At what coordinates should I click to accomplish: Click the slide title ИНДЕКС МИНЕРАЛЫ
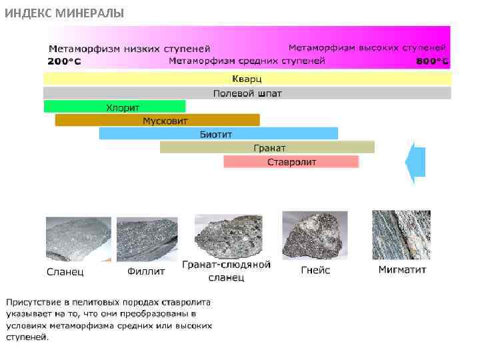click(64, 13)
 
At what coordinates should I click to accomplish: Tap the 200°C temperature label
click(64, 61)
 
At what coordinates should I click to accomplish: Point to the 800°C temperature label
click(432, 61)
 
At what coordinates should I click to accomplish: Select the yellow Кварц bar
click(247, 79)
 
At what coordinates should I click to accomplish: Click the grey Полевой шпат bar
click(247, 93)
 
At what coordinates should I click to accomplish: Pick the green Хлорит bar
click(115, 107)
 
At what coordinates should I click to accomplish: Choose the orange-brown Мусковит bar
click(157, 121)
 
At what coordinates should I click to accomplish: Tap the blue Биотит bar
click(218, 134)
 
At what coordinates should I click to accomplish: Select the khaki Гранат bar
click(267, 147)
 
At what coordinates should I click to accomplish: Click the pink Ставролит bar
click(291, 162)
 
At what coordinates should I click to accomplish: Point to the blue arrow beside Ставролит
click(416, 162)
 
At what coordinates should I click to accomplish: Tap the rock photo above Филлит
click(147, 239)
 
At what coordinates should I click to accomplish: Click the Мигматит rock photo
click(401, 235)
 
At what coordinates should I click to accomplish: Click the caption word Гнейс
click(315, 271)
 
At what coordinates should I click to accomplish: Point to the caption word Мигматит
click(402, 270)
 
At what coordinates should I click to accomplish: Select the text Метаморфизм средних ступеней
click(247, 61)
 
